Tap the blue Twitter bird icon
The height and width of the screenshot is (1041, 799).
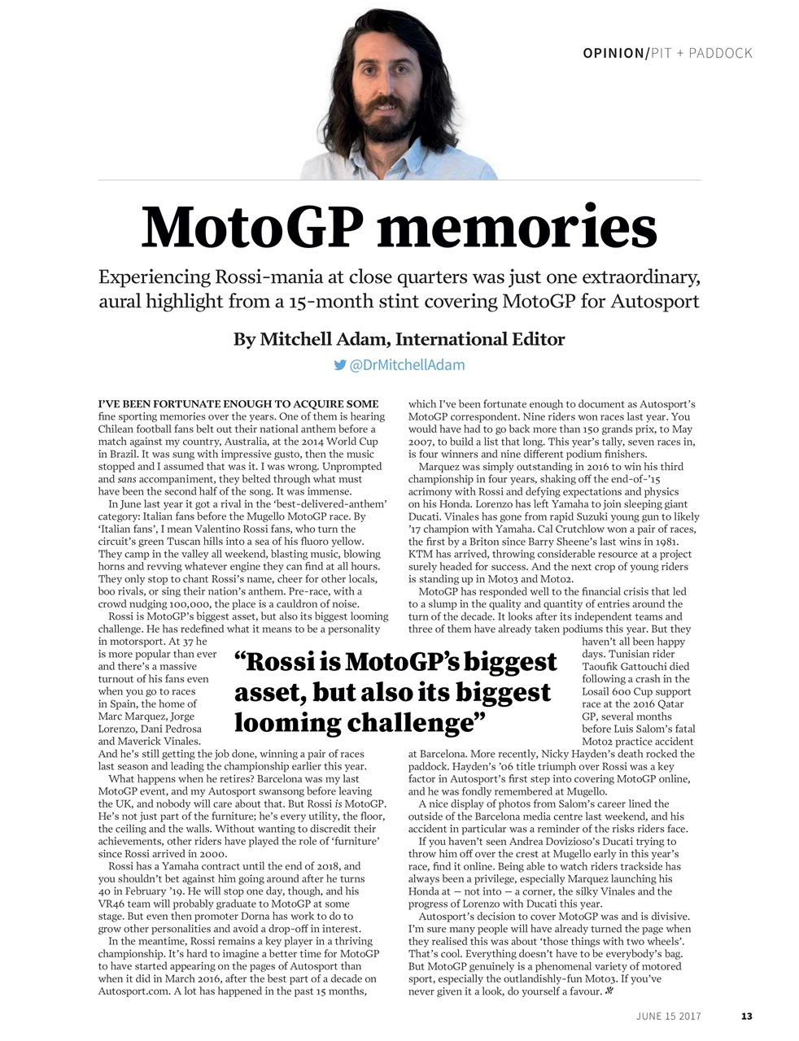click(x=340, y=365)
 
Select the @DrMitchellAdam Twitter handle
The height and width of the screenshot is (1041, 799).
click(x=407, y=365)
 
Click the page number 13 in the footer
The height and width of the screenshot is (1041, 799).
click(x=746, y=1016)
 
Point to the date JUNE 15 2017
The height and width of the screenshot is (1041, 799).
click(x=668, y=1016)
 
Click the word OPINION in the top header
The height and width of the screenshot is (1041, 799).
click(x=613, y=54)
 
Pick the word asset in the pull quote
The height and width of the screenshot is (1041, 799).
click(x=269, y=693)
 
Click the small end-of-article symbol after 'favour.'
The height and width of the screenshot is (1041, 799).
click(x=609, y=991)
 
